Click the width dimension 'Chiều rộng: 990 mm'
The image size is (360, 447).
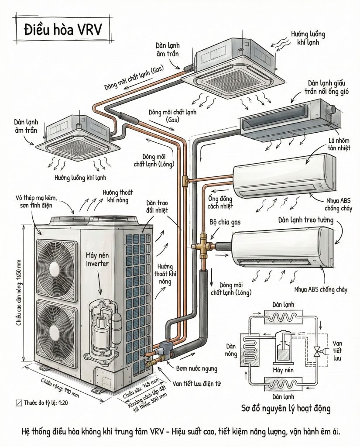(x=60, y=388)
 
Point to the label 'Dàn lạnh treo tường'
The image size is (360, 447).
(x=306, y=221)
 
